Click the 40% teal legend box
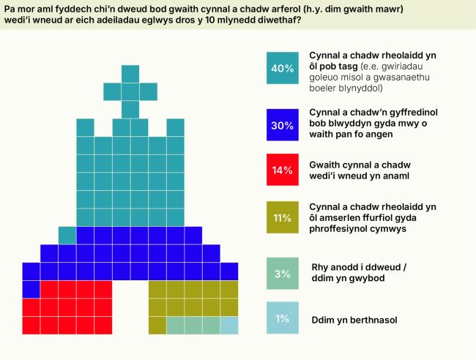click(x=283, y=68)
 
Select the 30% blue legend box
click(x=283, y=124)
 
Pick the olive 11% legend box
click(x=283, y=218)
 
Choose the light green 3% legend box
click(x=283, y=274)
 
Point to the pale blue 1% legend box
click(x=283, y=318)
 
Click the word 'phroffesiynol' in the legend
click(x=343, y=229)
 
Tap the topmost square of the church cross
click(x=130, y=74)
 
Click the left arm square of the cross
click(x=112, y=91)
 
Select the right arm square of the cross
click(x=149, y=91)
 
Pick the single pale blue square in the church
click(x=229, y=325)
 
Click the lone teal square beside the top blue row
click(x=67, y=235)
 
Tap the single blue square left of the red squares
click(x=31, y=289)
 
